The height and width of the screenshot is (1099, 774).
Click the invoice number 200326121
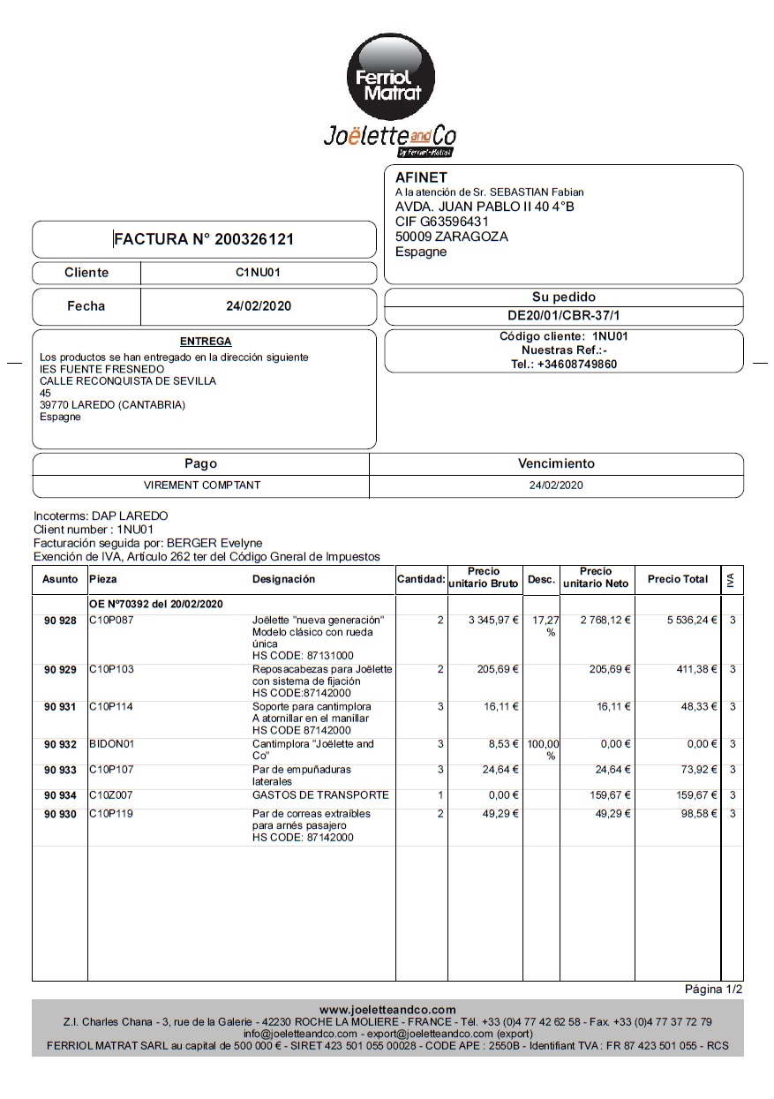pyautogui.click(x=255, y=239)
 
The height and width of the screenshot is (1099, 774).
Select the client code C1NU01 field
pyautogui.click(x=258, y=273)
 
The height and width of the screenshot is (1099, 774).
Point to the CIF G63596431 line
pyautogui.click(x=441, y=222)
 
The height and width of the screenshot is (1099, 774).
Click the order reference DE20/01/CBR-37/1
pyautogui.click(x=564, y=315)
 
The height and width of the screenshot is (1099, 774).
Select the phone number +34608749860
pyautogui.click(x=577, y=364)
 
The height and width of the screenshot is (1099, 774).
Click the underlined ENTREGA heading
pyautogui.click(x=206, y=341)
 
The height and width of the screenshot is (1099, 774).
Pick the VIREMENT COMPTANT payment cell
pyautogui.click(x=202, y=485)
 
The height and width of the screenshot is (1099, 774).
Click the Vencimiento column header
pyautogui.click(x=556, y=463)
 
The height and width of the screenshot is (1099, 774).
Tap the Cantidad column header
pyautogui.click(x=420, y=579)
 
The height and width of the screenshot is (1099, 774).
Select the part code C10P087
pyautogui.click(x=111, y=621)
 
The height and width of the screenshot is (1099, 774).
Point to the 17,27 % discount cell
pyautogui.click(x=545, y=626)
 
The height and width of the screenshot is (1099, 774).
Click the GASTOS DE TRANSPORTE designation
pyautogui.click(x=320, y=795)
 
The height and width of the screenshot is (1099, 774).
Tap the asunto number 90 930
pyautogui.click(x=60, y=814)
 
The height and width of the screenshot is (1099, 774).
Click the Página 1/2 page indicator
pyautogui.click(x=713, y=990)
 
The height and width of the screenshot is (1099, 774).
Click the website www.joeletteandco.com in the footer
pyautogui.click(x=387, y=1010)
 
